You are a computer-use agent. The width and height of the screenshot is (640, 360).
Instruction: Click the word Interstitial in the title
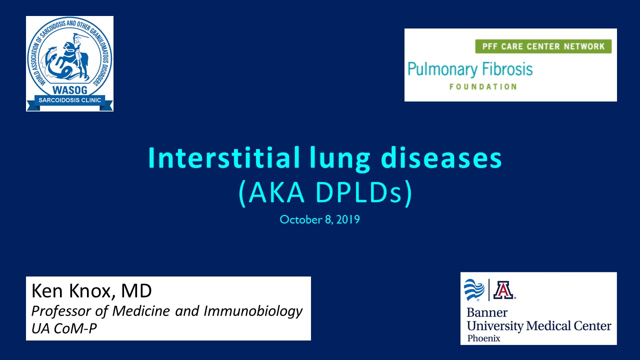click(x=223, y=157)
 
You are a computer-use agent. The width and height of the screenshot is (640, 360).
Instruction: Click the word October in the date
click(x=301, y=219)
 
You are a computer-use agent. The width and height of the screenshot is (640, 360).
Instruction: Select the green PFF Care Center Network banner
click(x=543, y=46)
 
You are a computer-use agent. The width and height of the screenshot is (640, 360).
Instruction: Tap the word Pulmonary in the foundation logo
click(x=442, y=69)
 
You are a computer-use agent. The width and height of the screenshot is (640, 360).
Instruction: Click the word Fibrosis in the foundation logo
click(x=507, y=69)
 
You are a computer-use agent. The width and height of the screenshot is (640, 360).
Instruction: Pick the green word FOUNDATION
click(x=483, y=86)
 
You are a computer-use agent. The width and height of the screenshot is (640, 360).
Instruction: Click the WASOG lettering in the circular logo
click(x=69, y=90)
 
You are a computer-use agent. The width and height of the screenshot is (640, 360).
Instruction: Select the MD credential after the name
click(x=136, y=291)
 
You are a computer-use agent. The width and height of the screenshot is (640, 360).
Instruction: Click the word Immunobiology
click(x=253, y=311)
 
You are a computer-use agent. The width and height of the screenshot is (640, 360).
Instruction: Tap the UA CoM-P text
click(x=64, y=328)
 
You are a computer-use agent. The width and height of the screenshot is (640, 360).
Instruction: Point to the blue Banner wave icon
click(x=474, y=290)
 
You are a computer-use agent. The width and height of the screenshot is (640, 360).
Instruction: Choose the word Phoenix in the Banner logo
click(x=483, y=338)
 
